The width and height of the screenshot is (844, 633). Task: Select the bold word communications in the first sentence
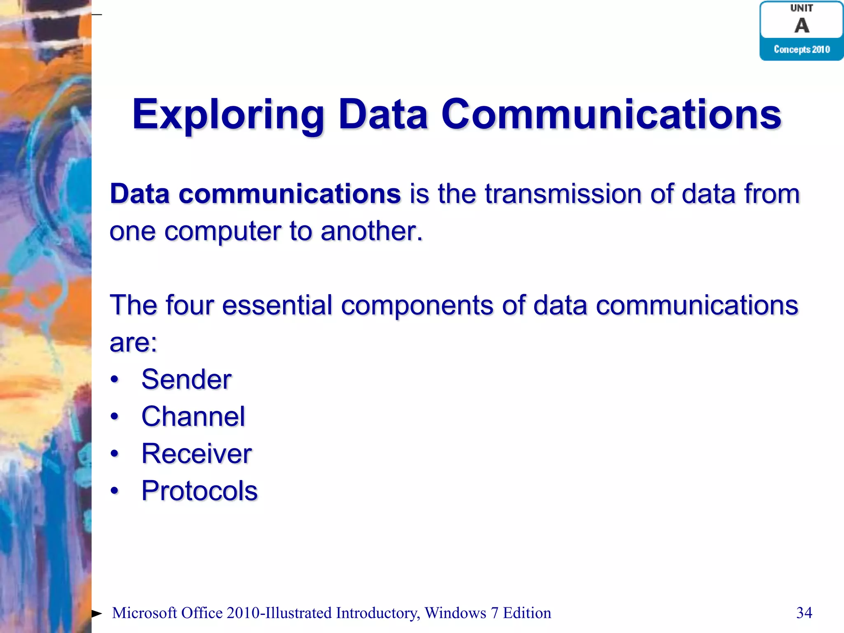[x=289, y=194]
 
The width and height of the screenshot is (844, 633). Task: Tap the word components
[x=417, y=305]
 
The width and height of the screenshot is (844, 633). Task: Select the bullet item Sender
[x=186, y=380]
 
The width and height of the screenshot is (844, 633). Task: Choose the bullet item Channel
[x=193, y=417]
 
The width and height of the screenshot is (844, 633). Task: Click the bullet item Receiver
[x=196, y=454]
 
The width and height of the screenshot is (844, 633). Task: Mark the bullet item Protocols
[x=199, y=491]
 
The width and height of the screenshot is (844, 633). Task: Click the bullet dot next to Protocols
[x=115, y=491]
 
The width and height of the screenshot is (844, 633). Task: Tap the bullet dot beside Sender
[x=115, y=380]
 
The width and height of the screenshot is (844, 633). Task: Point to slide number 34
[x=804, y=613]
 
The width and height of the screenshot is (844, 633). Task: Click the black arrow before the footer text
[x=96, y=614]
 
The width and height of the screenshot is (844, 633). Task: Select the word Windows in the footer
[x=455, y=613]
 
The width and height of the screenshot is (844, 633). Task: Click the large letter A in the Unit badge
[x=802, y=26]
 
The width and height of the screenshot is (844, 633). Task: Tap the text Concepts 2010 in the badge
[x=802, y=49]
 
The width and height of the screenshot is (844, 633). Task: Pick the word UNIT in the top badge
[x=802, y=8]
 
